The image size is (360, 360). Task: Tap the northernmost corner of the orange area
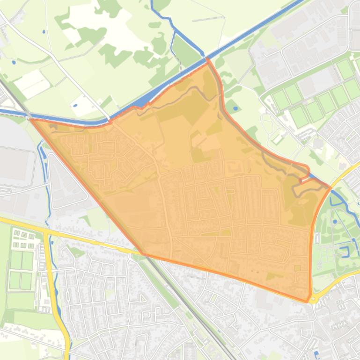[207, 60]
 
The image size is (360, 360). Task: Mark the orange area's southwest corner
[143, 254]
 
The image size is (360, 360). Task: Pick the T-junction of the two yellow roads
[47, 230]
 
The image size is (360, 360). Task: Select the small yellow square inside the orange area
[297, 268]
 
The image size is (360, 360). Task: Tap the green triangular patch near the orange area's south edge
[271, 276]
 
